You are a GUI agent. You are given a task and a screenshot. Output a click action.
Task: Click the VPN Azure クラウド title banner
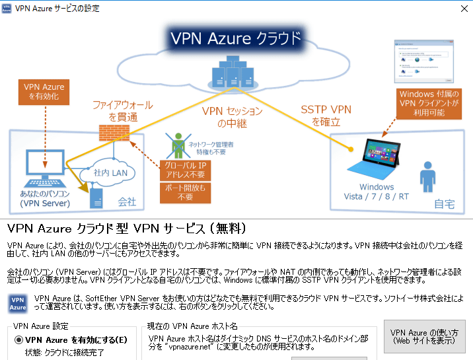click(236, 38)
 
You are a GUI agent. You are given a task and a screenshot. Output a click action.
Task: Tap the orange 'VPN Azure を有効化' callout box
click(44, 92)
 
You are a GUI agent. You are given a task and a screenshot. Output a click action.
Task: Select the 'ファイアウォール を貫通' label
click(122, 110)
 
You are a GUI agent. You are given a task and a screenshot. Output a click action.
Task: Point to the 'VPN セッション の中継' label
click(231, 117)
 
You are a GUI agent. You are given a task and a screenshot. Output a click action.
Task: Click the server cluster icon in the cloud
click(228, 71)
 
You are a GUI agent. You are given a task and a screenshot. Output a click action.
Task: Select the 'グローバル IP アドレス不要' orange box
click(185, 170)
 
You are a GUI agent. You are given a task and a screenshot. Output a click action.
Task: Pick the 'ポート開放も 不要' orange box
click(185, 192)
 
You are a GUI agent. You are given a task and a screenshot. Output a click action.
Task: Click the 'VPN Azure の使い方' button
click(423, 336)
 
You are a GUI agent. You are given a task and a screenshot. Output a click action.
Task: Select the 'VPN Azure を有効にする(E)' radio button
click(19, 340)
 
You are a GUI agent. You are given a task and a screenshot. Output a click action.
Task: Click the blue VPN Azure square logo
click(18, 304)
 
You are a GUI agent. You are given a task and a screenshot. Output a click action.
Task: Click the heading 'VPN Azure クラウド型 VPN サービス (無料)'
click(127, 229)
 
